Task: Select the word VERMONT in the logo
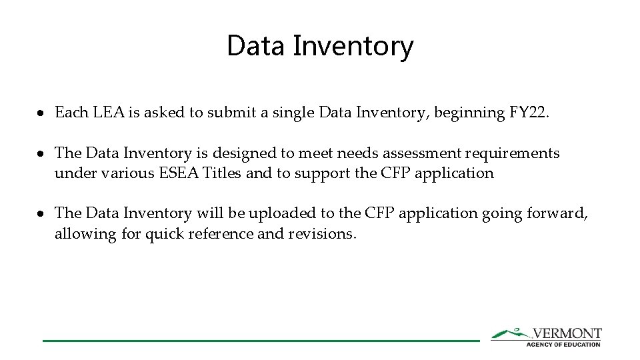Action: point(567,333)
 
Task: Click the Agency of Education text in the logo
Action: point(563,344)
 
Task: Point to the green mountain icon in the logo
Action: point(510,333)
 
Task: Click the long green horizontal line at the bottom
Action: point(260,341)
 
